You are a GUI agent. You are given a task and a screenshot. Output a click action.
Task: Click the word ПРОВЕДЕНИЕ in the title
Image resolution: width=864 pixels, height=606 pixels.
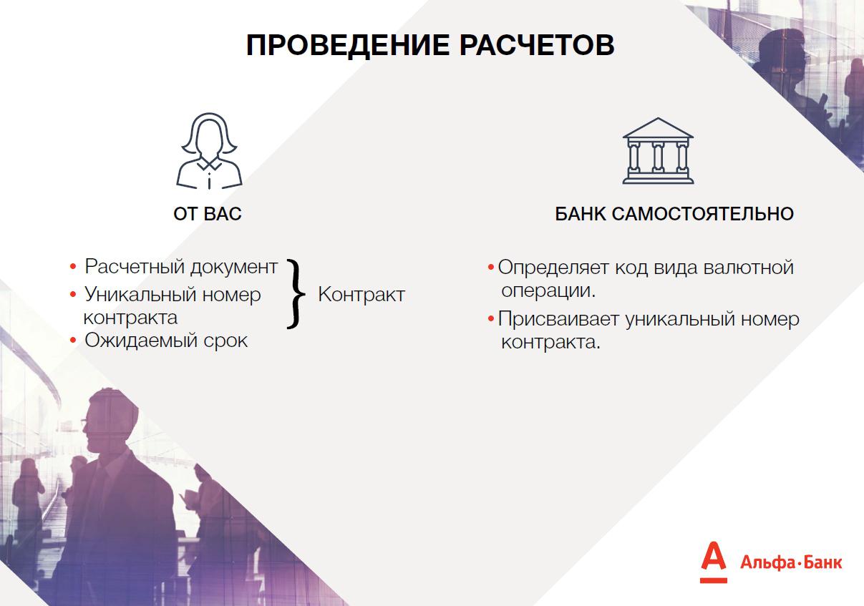(348, 46)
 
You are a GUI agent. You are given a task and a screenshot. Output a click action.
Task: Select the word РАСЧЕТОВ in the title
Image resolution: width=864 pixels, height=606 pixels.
(537, 45)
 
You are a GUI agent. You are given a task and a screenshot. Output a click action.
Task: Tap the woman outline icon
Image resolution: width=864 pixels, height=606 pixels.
(210, 151)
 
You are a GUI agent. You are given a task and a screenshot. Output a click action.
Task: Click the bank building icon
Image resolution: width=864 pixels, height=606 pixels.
(658, 151)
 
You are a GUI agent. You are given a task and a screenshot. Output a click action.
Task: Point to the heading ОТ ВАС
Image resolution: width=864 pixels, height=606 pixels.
(208, 214)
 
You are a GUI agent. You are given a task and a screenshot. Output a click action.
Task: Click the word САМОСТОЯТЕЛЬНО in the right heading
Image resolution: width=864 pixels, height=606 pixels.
(702, 214)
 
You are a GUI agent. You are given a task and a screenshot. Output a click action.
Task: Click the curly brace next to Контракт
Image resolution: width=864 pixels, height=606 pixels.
(296, 294)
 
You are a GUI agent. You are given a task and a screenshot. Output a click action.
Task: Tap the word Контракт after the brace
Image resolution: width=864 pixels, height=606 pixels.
(361, 295)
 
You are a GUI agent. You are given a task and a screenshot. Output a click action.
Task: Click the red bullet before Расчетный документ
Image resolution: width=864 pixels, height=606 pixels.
(73, 266)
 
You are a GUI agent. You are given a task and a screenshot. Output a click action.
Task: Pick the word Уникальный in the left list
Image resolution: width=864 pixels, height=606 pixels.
(140, 295)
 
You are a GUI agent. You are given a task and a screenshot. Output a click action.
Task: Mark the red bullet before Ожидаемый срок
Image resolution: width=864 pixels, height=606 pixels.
(73, 340)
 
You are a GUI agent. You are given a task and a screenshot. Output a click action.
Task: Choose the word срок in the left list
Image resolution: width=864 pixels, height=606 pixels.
(225, 341)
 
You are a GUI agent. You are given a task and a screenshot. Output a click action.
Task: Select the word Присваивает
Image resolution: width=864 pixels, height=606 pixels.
(558, 320)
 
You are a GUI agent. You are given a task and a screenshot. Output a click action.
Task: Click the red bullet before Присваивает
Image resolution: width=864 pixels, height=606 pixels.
(491, 319)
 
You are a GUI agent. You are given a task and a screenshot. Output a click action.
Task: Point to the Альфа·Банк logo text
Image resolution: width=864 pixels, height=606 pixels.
(791, 562)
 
